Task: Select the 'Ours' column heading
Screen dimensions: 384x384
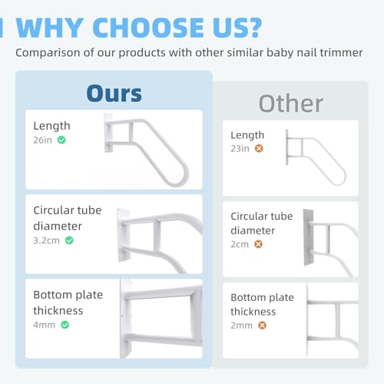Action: pyautogui.click(x=114, y=93)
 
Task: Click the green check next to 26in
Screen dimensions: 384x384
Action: pyautogui.click(x=61, y=141)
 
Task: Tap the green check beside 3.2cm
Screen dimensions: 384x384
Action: pyautogui.click(x=69, y=240)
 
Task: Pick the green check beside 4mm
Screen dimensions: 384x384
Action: pyautogui.click(x=65, y=325)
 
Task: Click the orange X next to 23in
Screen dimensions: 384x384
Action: pyautogui.click(x=259, y=148)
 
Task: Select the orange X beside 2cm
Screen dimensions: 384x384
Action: pyautogui.click(x=258, y=244)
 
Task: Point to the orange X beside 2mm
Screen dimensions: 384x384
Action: pyautogui.click(x=262, y=326)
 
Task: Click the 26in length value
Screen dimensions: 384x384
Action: pyautogui.click(x=44, y=141)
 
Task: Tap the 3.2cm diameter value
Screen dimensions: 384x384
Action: pyautogui.click(x=48, y=240)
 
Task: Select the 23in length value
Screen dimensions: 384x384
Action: pyautogui.click(x=240, y=148)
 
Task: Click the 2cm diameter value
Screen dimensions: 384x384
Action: pyautogui.click(x=240, y=244)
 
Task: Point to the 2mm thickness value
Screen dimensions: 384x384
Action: pyautogui.click(x=243, y=326)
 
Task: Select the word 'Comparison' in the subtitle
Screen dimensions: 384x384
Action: pyautogui.click(x=47, y=53)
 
